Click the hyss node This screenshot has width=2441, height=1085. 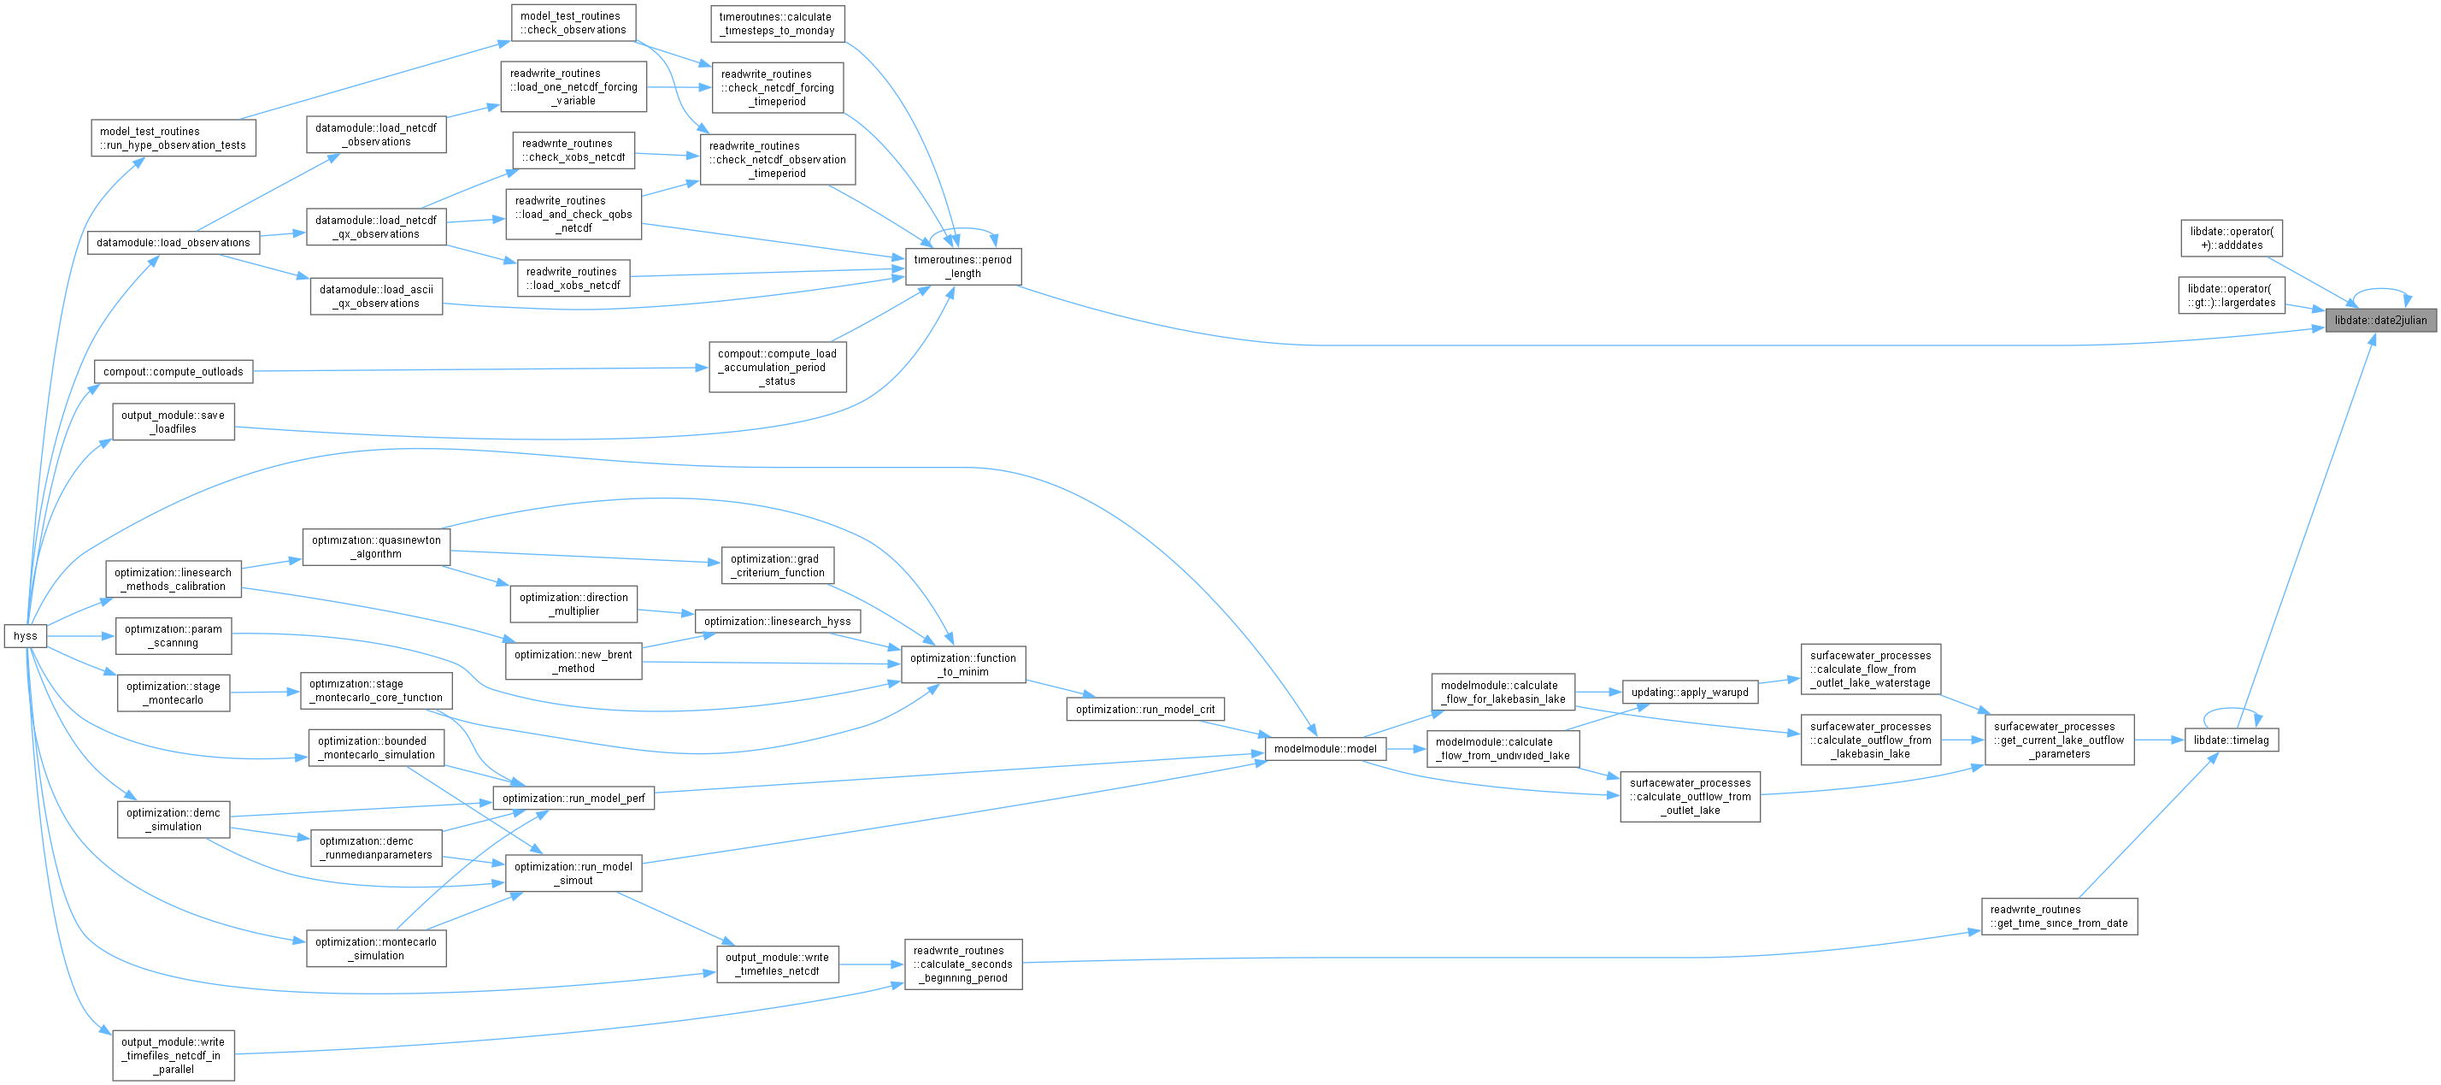pyautogui.click(x=26, y=636)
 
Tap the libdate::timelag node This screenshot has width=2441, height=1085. pyautogui.click(x=2231, y=740)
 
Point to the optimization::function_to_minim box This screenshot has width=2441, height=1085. pyautogui.click(x=962, y=664)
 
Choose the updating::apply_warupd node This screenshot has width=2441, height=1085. pyautogui.click(x=1690, y=692)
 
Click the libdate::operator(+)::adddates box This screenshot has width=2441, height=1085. pyautogui.click(x=2231, y=238)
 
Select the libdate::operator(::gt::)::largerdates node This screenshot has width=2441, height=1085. pyautogui.click(x=2231, y=296)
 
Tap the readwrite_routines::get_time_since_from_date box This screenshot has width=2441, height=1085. pyautogui.click(x=2059, y=917)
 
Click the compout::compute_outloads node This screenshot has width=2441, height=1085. pyautogui.click(x=174, y=371)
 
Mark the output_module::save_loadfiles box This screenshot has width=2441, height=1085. pyautogui.click(x=174, y=422)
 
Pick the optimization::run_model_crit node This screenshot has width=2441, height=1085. pyautogui.click(x=1144, y=709)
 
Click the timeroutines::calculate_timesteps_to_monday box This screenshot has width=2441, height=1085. pyautogui.click(x=776, y=24)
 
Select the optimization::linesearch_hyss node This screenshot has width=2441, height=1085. pyautogui.click(x=777, y=622)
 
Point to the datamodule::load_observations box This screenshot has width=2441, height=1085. pyautogui.click(x=174, y=243)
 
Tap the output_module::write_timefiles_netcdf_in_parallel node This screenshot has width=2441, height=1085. pyautogui.click(x=174, y=1056)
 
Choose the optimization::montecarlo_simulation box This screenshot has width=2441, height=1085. pyautogui.click(x=376, y=948)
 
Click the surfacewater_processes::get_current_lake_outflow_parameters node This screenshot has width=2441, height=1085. pyautogui.click(x=2059, y=740)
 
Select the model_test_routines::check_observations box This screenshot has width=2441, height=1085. pyautogui.click(x=573, y=23)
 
